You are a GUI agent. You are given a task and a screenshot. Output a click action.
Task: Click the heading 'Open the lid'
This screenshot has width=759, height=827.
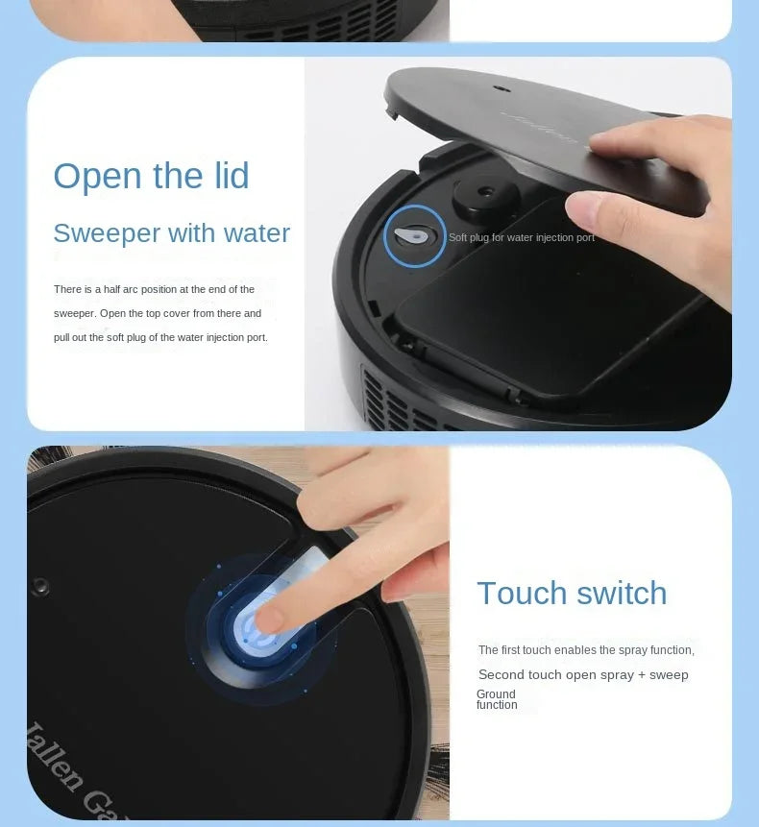[x=151, y=177]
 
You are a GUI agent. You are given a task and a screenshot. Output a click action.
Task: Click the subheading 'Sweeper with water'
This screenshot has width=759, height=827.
[x=171, y=233]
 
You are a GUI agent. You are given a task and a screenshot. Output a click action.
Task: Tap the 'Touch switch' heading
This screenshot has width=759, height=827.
[x=572, y=593]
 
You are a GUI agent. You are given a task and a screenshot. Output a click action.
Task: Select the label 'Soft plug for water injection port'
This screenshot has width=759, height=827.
[x=522, y=237]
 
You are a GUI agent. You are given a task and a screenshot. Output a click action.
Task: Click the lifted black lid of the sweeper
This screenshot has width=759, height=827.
[x=500, y=115]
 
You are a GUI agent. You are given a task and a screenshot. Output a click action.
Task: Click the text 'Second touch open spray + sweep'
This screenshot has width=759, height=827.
[x=583, y=675]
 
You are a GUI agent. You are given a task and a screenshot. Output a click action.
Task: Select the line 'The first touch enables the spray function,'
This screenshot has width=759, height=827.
[x=586, y=650]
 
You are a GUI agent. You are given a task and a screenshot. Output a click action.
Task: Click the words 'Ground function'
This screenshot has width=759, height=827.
[x=497, y=699]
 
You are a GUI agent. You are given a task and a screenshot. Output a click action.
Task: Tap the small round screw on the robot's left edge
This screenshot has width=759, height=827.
[x=40, y=586]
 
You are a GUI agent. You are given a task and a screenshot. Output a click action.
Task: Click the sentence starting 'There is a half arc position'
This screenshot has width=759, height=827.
[x=154, y=289]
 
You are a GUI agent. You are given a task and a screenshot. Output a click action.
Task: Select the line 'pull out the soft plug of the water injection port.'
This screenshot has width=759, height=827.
[x=160, y=337]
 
